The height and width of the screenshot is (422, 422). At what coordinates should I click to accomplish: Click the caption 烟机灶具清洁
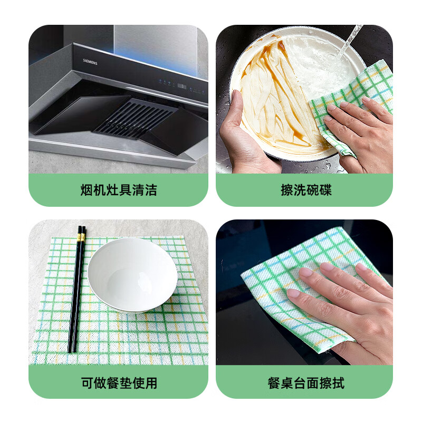pos(119,190)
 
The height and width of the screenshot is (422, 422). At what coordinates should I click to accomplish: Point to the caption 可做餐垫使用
pos(119,383)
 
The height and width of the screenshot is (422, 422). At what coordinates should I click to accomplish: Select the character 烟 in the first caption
pos(87,190)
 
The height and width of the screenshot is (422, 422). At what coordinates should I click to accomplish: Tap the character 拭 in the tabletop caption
pos(338,383)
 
